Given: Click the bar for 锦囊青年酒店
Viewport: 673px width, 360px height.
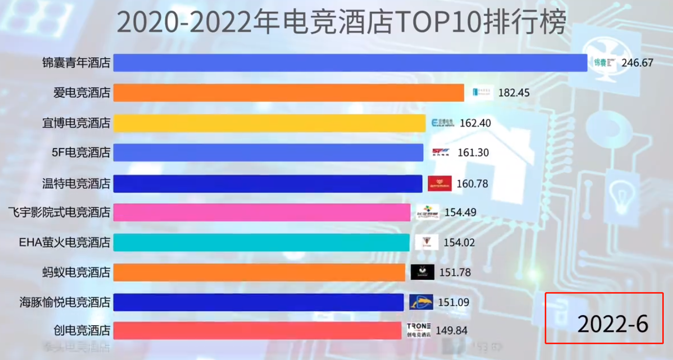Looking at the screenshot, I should click(x=350, y=63).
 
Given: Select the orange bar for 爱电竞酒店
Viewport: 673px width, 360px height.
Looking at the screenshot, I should click(x=288, y=93).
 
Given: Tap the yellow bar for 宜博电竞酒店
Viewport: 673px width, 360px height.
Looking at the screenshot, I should click(x=269, y=123).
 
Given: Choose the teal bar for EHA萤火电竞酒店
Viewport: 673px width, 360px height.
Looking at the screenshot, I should click(x=261, y=242).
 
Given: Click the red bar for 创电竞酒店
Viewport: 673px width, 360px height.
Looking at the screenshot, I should click(x=257, y=330).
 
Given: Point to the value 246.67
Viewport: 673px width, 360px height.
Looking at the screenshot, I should click(x=637, y=63).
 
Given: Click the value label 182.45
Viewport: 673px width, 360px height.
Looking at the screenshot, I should click(x=514, y=93).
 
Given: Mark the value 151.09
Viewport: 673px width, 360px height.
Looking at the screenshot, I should click(x=453, y=302).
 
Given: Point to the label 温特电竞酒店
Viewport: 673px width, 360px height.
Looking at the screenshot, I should click(x=76, y=183).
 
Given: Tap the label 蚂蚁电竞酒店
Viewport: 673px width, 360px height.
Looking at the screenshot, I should click(x=76, y=272).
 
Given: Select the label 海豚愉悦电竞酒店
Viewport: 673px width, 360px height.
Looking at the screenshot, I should click(x=65, y=302).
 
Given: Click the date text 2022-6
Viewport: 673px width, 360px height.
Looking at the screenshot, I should click(x=612, y=324).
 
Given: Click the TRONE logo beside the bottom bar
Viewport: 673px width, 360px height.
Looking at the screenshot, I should click(x=419, y=330).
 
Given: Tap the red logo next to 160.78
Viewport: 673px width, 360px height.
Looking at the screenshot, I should click(x=439, y=183).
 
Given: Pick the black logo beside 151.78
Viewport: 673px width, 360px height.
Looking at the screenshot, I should click(x=422, y=272).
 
